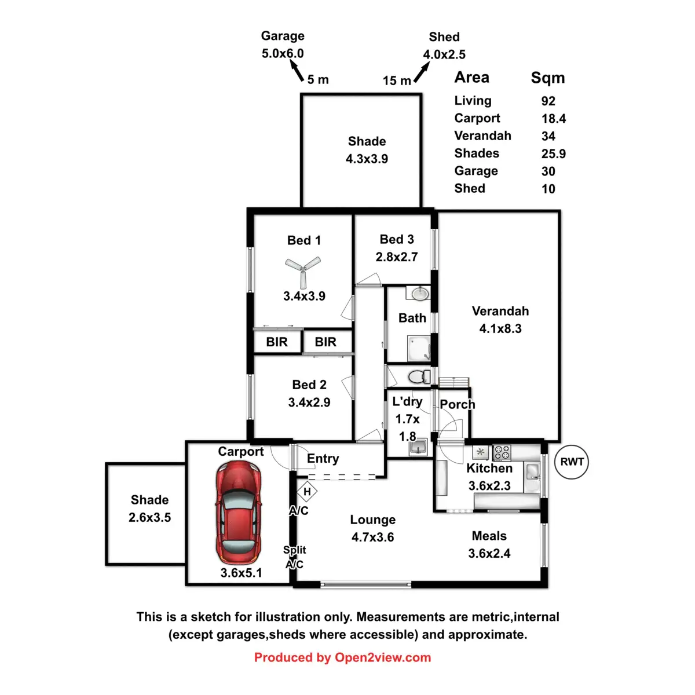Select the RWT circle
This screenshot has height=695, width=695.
[x=572, y=462]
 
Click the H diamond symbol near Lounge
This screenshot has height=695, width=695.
[x=307, y=492]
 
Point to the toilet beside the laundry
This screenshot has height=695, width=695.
[x=418, y=377]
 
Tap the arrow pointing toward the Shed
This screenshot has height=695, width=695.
[x=422, y=72]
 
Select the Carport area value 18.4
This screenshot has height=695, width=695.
[x=553, y=119]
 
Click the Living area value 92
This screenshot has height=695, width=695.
[x=548, y=101]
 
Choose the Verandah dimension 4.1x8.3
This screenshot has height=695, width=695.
[x=500, y=328]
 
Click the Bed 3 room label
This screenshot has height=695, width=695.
[x=397, y=239]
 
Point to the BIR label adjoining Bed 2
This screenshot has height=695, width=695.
[x=325, y=342]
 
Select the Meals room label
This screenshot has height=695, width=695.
[x=489, y=536]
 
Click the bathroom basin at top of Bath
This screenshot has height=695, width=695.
[x=420, y=294]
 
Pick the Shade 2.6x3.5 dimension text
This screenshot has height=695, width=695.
[x=149, y=517]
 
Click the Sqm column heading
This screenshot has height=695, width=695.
[x=547, y=78]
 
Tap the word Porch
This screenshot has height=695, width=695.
[x=457, y=404]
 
